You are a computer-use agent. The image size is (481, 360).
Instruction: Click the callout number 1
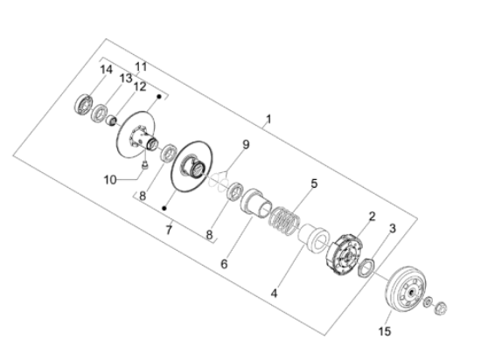click(x=268, y=119)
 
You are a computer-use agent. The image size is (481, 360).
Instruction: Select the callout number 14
click(x=106, y=69)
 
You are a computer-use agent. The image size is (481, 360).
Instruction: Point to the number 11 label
click(x=141, y=66)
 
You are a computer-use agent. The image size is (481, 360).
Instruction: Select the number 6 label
click(x=223, y=262)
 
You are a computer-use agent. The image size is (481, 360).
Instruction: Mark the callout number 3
click(x=392, y=228)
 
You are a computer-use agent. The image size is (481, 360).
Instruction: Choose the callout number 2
click(x=371, y=216)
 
